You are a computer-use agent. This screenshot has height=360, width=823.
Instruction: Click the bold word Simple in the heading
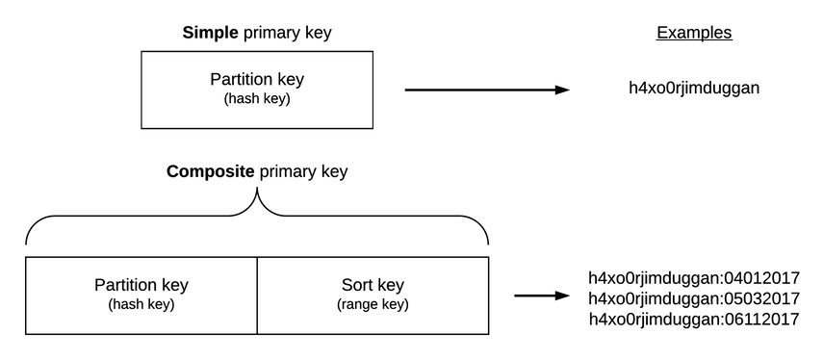click(x=211, y=33)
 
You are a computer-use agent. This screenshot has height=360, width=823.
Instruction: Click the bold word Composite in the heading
click(x=211, y=172)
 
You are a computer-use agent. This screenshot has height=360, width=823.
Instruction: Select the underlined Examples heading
click(x=694, y=33)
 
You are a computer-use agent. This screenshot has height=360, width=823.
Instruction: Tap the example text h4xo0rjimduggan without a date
click(x=694, y=89)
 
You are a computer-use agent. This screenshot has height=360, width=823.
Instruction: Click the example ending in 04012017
click(x=694, y=278)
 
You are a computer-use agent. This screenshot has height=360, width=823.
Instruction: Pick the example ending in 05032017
click(x=694, y=298)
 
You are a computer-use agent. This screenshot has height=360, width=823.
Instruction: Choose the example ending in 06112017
click(x=694, y=319)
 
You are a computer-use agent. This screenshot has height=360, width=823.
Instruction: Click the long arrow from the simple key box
click(x=481, y=90)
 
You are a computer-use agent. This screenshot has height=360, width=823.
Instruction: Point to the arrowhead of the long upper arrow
click(x=562, y=90)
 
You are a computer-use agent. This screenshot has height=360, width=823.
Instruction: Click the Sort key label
click(x=373, y=285)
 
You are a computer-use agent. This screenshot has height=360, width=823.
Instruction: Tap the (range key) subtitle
click(x=373, y=305)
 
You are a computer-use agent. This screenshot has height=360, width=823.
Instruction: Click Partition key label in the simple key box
click(x=257, y=80)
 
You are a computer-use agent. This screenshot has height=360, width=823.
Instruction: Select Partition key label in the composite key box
click(x=141, y=285)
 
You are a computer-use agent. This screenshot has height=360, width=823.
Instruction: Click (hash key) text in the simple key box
click(x=257, y=99)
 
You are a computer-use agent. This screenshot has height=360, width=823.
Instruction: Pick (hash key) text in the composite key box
click(x=141, y=305)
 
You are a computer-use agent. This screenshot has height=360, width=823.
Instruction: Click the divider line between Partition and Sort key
click(x=257, y=295)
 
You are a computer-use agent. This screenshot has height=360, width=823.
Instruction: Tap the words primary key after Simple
click(x=288, y=33)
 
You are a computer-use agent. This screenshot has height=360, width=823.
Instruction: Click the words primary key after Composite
click(x=302, y=172)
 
